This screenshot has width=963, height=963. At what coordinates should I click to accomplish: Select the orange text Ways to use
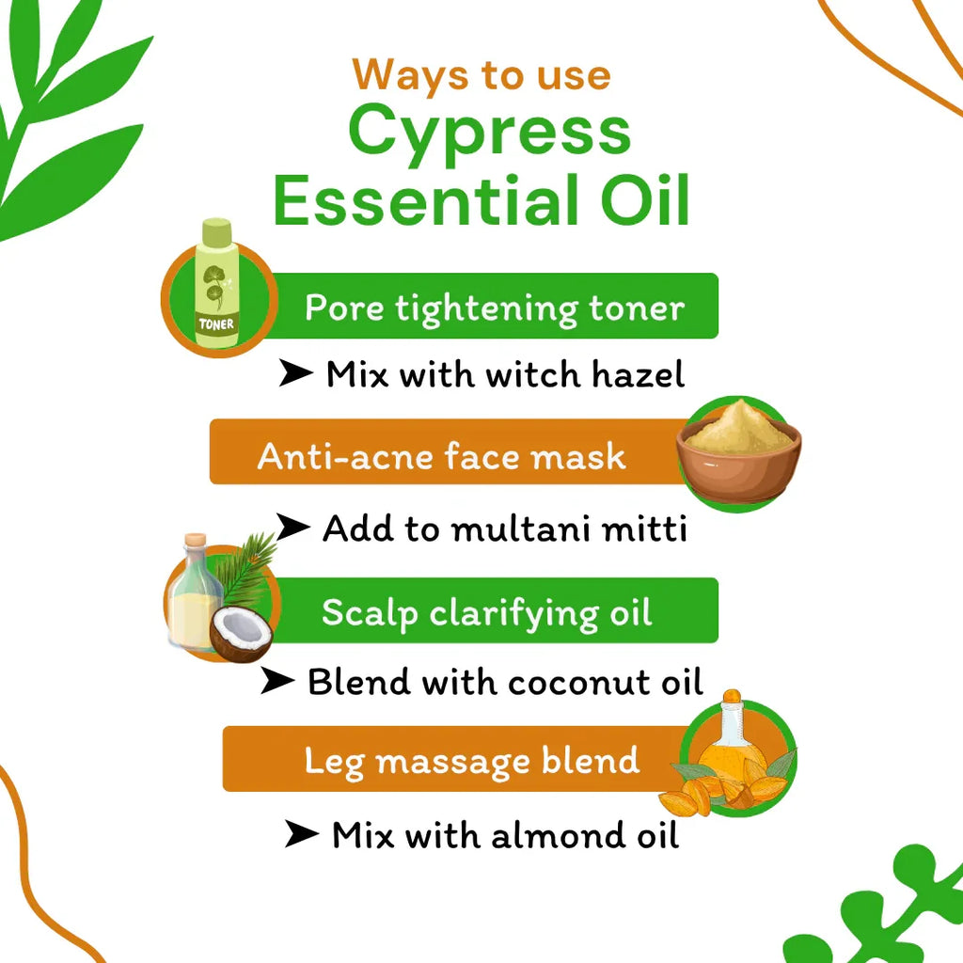point(481,74)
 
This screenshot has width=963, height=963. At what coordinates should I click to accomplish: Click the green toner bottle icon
point(217,286)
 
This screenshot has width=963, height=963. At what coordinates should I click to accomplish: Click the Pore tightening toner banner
point(495,307)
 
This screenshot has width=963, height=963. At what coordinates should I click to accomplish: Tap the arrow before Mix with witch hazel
point(295,374)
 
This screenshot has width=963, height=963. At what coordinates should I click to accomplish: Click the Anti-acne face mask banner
point(442,456)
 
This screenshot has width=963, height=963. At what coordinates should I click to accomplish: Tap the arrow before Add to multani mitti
point(292,529)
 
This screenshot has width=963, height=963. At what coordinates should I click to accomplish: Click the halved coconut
point(241,636)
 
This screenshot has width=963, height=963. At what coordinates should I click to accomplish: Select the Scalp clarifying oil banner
point(486,612)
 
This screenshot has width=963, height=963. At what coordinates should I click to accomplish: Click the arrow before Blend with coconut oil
point(277,682)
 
